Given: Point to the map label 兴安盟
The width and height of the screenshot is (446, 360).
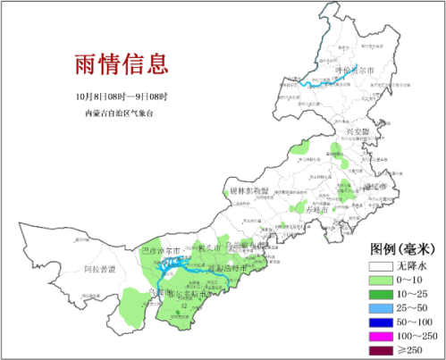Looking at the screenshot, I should (x=357, y=132).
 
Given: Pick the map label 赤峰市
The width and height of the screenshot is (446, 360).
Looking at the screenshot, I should (x=317, y=208).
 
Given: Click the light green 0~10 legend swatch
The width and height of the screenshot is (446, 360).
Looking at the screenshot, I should (x=380, y=280).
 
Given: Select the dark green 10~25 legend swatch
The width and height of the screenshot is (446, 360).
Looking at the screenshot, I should (x=380, y=295).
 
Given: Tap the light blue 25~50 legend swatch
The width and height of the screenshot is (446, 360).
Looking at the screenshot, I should (x=380, y=309).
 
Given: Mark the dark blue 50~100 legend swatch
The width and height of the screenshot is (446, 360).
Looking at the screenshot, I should (x=380, y=323).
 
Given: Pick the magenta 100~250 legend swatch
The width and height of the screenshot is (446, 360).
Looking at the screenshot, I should (x=380, y=338).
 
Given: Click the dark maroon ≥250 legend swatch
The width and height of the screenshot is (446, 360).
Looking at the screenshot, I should (x=380, y=352).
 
